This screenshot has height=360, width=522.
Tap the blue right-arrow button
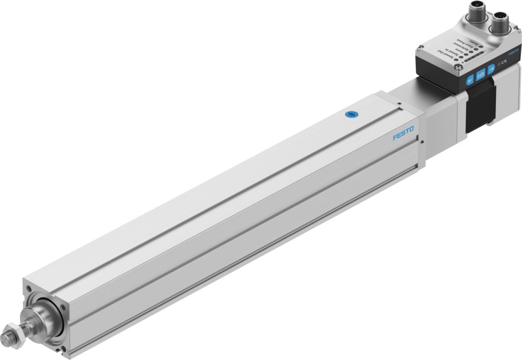tap(491, 69)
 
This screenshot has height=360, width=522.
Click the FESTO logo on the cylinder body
tap(403, 134)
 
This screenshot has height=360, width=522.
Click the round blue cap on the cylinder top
tap(350, 115)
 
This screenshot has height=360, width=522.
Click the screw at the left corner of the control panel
tap(421, 46)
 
